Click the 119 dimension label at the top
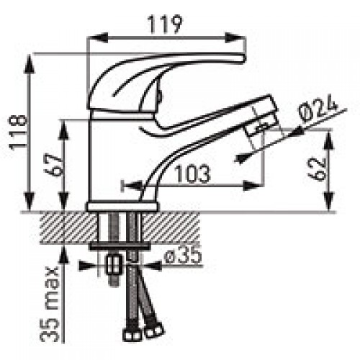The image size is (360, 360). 165,24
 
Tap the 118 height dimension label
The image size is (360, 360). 18,132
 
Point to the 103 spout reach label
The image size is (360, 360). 192,174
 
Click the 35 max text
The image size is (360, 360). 50,304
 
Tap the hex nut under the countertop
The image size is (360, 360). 114,265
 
